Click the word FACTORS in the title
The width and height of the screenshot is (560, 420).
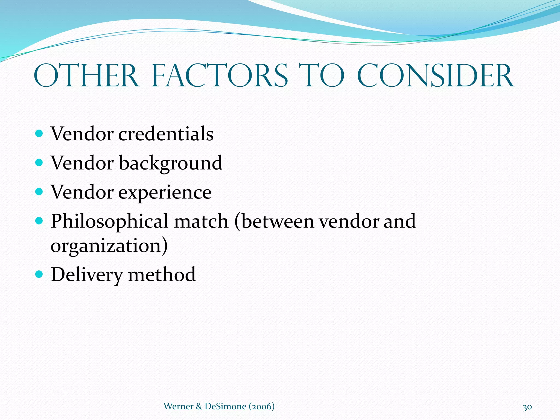[x=220, y=75]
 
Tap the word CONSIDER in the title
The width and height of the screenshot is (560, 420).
[x=436, y=75]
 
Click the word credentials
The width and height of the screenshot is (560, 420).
[x=166, y=134]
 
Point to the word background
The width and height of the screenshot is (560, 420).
[x=171, y=163]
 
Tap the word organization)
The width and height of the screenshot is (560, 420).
[x=109, y=246]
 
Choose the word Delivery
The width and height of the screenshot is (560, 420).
[x=87, y=275]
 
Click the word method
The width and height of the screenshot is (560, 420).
[x=162, y=275]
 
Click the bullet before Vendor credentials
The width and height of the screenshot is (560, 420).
[x=39, y=133]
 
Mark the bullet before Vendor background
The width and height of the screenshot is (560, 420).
[x=39, y=163]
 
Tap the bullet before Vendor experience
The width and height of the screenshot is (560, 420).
[x=39, y=192]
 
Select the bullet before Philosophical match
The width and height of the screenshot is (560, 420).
[x=39, y=220]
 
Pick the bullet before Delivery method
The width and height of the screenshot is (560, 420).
[x=39, y=274]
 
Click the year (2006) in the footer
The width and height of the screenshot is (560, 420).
[x=262, y=406]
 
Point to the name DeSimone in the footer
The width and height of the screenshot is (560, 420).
[x=225, y=406]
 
